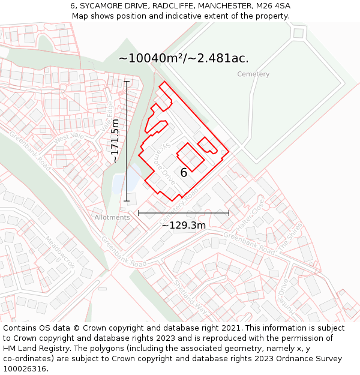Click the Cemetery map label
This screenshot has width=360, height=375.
click(x=253, y=74)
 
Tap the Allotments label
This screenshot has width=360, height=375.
click(x=112, y=217)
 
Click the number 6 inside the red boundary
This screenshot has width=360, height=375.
click(x=184, y=173)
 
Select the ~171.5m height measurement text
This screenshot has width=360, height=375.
click(x=115, y=141)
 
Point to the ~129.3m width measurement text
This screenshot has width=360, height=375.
click(x=184, y=226)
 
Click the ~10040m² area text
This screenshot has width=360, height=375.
click(x=184, y=58)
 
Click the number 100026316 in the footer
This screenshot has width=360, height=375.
click(x=25, y=368)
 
